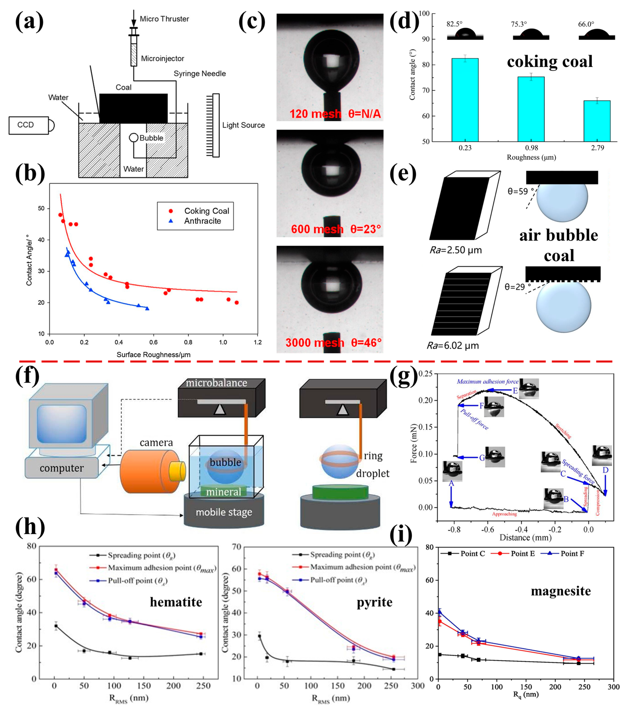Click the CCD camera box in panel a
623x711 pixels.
click(x=28, y=125)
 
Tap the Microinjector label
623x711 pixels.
click(x=162, y=58)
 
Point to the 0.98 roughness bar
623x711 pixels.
click(x=531, y=109)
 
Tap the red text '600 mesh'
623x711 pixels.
click(x=317, y=229)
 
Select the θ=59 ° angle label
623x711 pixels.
click(x=520, y=192)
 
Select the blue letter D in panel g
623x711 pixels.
click(x=605, y=470)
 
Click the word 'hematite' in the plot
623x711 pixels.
click(x=176, y=602)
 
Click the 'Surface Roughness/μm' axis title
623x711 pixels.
click(x=153, y=355)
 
